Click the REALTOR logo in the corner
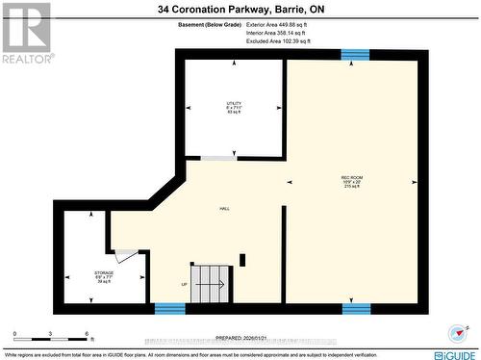tap(27, 32)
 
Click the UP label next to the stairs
tap(184, 284)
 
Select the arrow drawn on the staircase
tap(213, 284)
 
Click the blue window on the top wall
tap(355, 54)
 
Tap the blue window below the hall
tap(169, 308)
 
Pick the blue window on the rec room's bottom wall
tap(355, 308)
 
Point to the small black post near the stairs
tap(242, 259)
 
